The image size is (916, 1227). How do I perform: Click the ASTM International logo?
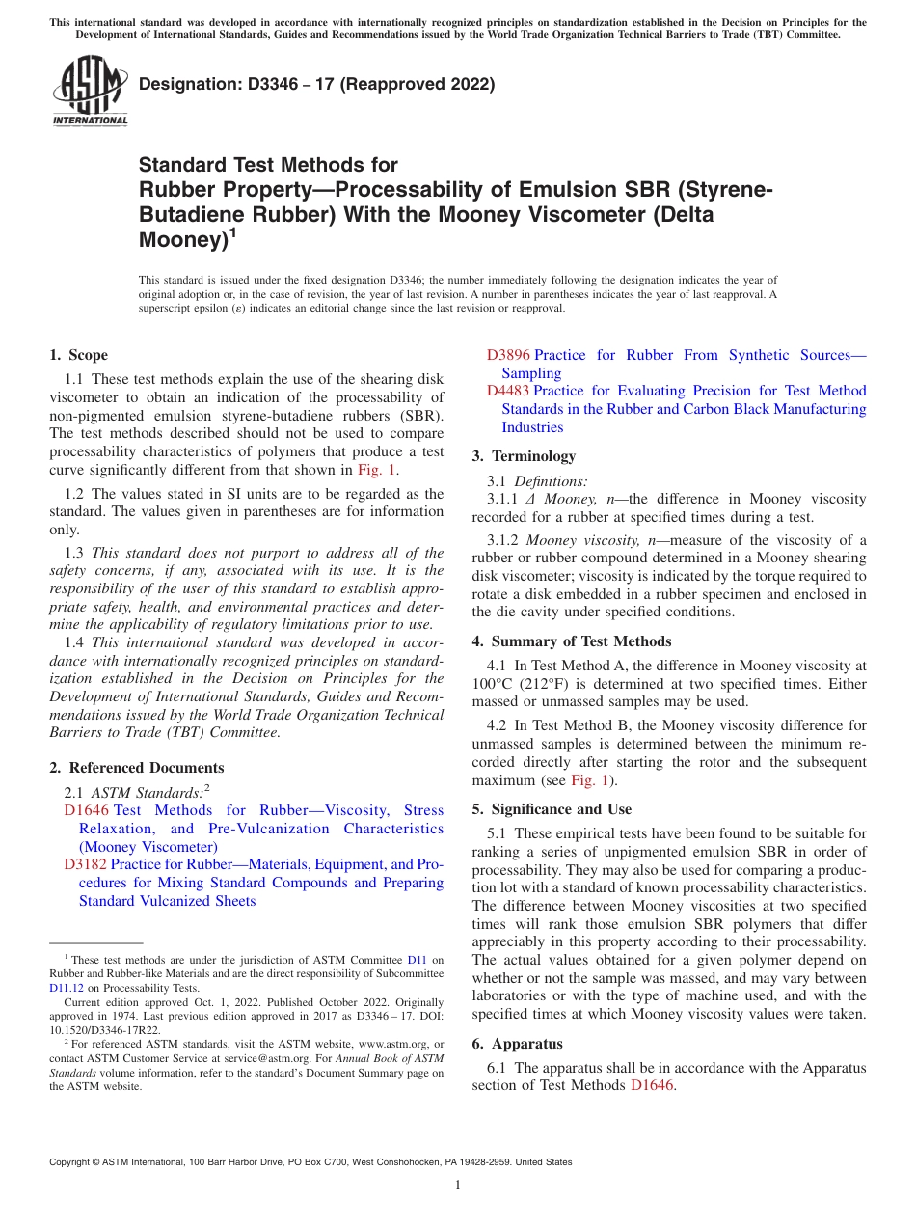click(90, 91)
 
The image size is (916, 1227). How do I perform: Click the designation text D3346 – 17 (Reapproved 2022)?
click(316, 84)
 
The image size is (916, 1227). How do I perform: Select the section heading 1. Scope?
click(79, 355)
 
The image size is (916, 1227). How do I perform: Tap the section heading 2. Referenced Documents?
click(137, 768)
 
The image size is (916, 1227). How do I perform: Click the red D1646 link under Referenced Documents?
click(86, 810)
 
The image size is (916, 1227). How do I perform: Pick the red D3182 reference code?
click(86, 864)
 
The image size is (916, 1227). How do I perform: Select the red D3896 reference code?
click(508, 355)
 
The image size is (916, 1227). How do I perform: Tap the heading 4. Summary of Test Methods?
click(572, 641)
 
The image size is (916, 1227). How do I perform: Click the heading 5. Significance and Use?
click(565, 809)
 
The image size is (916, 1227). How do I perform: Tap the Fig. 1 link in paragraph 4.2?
click(593, 780)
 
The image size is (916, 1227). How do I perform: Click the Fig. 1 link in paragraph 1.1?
click(376, 470)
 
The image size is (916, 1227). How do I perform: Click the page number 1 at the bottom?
click(458, 1185)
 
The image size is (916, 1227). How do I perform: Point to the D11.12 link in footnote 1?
click(67, 988)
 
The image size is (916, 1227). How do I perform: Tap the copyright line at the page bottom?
click(310, 1162)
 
